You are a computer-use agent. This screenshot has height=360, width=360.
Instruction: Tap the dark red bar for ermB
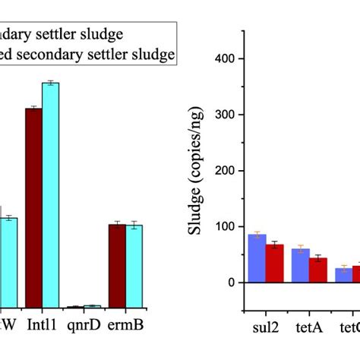(117, 265)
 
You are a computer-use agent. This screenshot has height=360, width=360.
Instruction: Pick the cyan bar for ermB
(134, 266)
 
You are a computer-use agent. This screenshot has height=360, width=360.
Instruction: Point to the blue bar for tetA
(301, 265)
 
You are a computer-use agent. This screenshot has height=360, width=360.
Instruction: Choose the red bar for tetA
(318, 270)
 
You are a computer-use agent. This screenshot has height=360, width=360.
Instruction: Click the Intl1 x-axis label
(41, 324)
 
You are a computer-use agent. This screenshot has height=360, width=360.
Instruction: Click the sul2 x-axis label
(266, 331)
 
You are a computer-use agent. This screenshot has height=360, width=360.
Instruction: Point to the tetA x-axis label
(309, 331)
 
